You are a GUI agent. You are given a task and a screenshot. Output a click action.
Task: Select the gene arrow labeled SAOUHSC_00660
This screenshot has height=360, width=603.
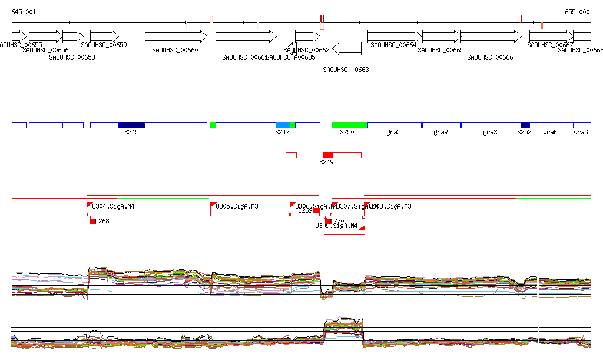pos(175,37)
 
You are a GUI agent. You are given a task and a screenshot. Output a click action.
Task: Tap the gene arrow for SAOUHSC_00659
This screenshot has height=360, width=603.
pos(104,37)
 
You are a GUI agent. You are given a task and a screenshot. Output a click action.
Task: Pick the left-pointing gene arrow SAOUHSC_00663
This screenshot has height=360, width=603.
pos(346,48)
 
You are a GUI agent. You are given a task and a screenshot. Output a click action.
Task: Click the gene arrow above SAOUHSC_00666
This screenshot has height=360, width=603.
pos(491,37)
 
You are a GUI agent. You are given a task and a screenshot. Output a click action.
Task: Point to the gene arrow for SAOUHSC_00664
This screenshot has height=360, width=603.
pos(394,37)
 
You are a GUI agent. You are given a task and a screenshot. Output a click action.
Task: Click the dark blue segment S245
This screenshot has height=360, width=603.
pos(131,125)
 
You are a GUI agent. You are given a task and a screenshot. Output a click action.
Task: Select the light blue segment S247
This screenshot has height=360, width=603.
pos(283,125)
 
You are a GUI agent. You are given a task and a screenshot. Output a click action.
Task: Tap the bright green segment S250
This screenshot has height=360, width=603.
pos(349,125)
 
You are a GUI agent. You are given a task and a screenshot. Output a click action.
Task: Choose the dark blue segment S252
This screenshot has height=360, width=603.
pos(525,125)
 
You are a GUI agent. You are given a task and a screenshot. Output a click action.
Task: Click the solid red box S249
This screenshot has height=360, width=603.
pos(327,155)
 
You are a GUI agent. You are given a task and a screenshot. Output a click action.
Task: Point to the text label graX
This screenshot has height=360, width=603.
pos(393,133)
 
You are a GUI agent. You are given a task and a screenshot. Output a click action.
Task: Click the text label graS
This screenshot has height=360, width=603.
pos(490,133)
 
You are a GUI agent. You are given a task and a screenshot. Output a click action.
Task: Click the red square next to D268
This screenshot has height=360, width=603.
pos(93,221)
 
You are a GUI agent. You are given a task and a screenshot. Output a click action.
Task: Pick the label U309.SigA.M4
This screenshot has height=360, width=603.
pos(336,226)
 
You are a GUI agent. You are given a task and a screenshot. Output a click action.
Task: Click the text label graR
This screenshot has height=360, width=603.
pos(440,133)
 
